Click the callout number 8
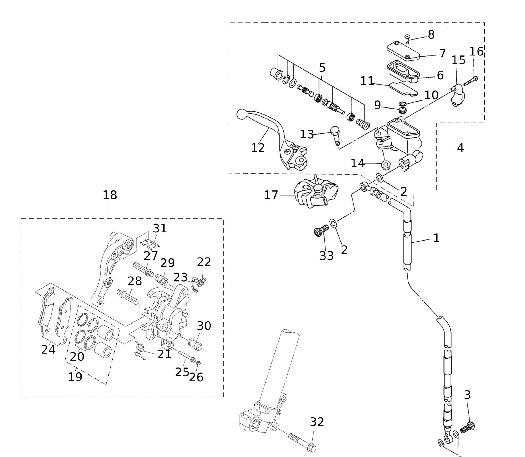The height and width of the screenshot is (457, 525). tap(431, 35)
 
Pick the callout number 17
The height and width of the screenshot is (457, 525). tap(270, 195)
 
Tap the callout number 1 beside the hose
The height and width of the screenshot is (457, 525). tap(436, 238)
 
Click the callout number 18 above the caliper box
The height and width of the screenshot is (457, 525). tap(110, 195)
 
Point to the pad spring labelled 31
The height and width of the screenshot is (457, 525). tap(150, 244)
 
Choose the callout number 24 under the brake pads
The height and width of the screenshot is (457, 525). tap(48, 349)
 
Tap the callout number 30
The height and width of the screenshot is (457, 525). tap(204, 326)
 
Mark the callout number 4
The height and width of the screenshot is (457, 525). tap(460, 148)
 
